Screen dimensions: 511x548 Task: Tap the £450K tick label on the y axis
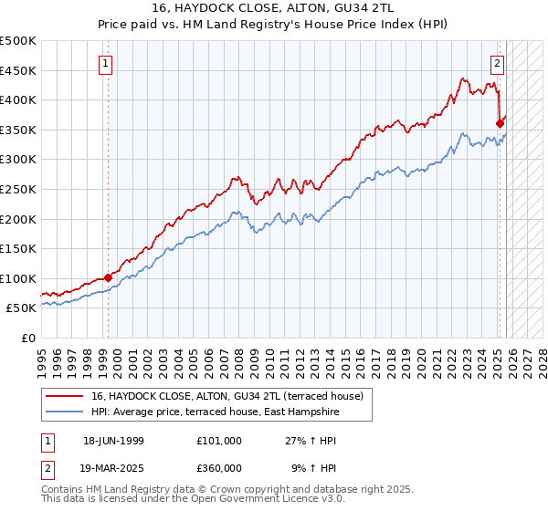click(18, 70)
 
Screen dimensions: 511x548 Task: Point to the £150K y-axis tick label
click(18, 248)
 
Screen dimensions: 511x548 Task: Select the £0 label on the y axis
click(27, 338)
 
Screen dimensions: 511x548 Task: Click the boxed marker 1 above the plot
click(107, 64)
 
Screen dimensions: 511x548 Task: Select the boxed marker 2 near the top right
click(498, 64)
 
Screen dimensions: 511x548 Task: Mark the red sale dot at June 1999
click(108, 277)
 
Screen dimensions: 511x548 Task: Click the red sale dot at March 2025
click(500, 123)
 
